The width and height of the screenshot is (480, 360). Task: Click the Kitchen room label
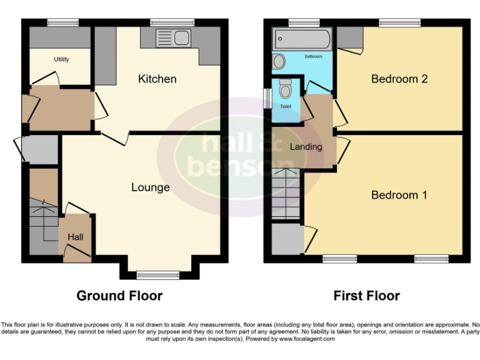pos(157,79)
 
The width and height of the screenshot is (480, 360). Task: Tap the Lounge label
pos(150,187)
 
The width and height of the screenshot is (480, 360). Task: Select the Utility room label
pos(61,59)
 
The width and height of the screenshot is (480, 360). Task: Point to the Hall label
pos(75,237)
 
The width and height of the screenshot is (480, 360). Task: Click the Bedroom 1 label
pos(399,195)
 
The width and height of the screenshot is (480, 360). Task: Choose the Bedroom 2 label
pos(399,79)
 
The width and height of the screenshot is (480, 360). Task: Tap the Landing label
pos(306,147)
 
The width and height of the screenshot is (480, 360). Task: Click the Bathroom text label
pos(313,57)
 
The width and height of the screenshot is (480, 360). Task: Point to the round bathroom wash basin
pos(279,61)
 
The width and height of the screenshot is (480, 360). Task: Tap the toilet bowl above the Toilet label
pos(286,91)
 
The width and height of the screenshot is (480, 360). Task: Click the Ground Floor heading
pos(119,296)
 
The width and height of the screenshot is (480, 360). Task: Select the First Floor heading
pos(366,296)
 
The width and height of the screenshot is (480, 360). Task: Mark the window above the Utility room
pos(62,22)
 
